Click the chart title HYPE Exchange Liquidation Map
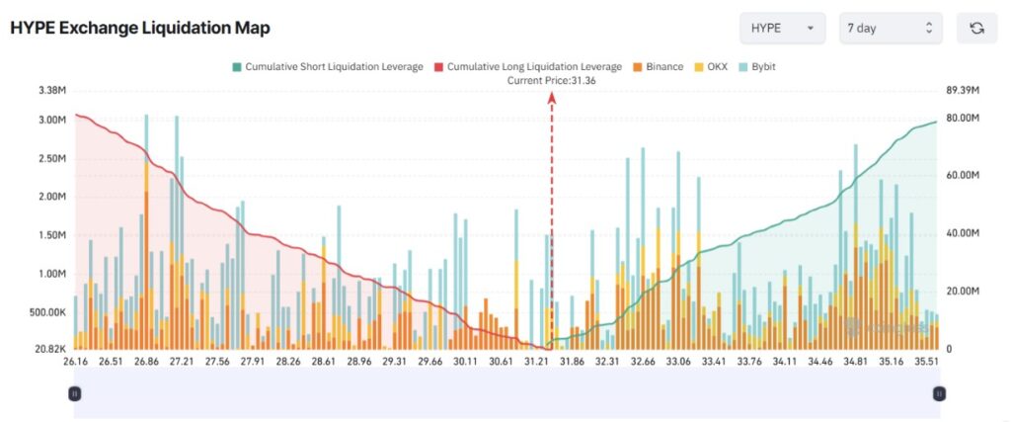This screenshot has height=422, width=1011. pos(139,28)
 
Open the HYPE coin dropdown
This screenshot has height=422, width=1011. pos(783,28)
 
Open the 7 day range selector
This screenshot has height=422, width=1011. pos(890,28)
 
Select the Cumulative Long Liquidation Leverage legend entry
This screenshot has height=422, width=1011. pos(527,66)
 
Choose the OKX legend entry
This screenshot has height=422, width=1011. pos(713,66)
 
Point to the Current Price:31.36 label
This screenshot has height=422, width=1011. pos(551,80)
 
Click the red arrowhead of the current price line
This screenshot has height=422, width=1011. pos(551,97)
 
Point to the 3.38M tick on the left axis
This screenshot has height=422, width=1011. pos(50,90)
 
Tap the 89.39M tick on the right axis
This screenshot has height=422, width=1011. pos(962,90)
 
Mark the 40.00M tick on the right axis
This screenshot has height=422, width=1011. pos(962,234)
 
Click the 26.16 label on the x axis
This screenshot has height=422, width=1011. pos(74,363)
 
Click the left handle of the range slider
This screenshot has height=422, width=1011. pos(75,393)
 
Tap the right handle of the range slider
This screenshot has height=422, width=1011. pos(939,393)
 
